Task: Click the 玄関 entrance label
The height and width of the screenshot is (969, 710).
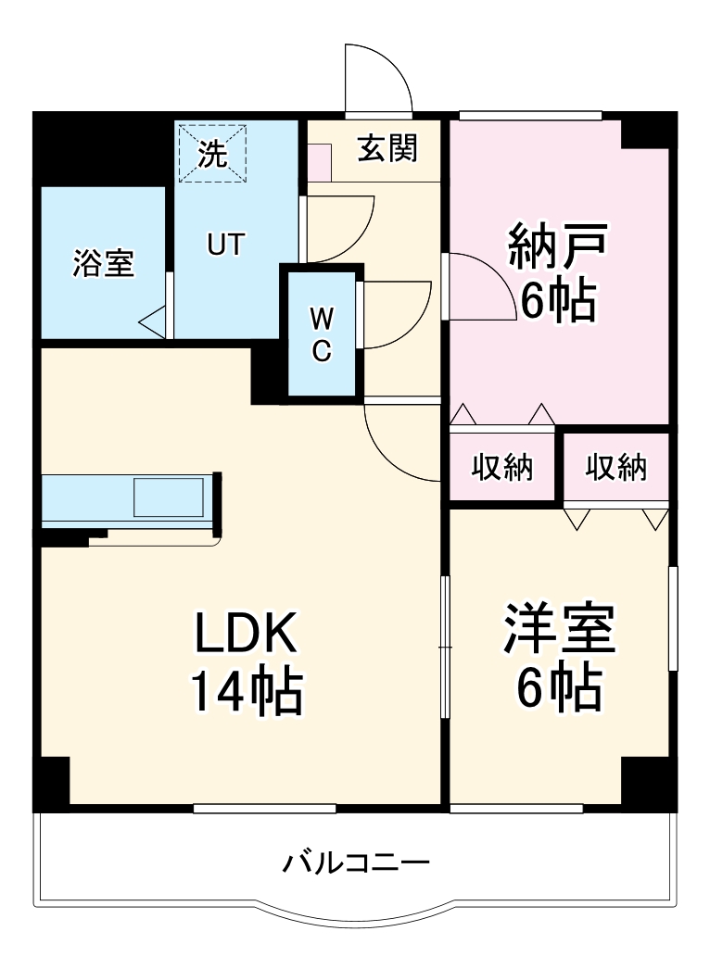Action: point(387,149)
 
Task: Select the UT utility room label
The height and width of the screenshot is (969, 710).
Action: point(225,245)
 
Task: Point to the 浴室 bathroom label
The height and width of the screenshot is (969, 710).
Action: point(104,265)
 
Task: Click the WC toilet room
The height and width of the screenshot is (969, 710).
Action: point(321,334)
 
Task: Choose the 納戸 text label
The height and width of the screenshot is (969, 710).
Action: point(557,245)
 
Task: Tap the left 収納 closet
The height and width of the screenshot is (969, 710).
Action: point(502,469)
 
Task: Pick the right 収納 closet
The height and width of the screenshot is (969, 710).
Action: point(615,469)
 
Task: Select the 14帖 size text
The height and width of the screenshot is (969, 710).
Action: point(246,690)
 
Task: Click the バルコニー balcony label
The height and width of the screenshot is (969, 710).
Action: point(356,864)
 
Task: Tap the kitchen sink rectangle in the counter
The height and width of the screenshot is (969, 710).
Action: point(168,497)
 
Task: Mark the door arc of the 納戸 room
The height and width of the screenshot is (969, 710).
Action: point(482,287)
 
